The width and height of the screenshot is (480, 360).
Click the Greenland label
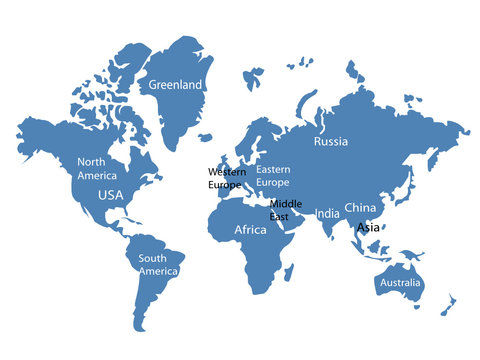(175, 85)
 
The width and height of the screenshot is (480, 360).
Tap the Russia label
(330, 142)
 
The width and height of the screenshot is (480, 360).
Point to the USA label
(109, 195)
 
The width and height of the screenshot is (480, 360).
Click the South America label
(158, 264)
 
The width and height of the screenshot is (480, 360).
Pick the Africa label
(250, 230)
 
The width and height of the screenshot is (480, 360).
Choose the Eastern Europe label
(273, 176)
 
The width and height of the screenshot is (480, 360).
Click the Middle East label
(285, 210)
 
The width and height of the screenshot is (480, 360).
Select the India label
(327, 214)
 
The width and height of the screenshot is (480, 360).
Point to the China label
(360, 207)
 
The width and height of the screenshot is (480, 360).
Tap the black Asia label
(368, 227)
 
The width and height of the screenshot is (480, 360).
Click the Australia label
(399, 283)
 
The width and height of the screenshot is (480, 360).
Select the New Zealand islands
(449, 305)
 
